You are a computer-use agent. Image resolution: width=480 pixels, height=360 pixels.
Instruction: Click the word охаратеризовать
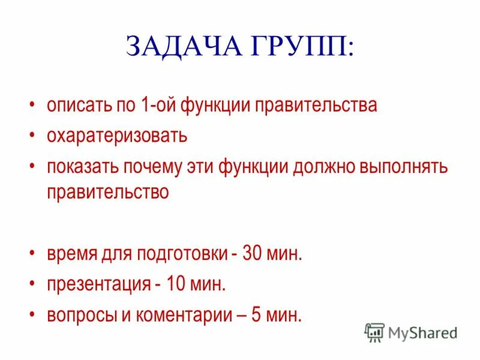(117, 136)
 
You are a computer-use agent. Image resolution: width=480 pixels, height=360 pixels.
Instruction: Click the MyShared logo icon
(375, 332)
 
